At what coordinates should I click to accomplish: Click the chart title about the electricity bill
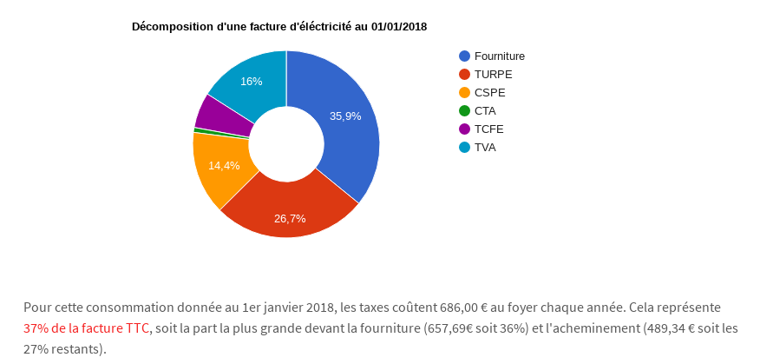pyautogui.click(x=279, y=27)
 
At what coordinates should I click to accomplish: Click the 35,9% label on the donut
pyautogui.click(x=345, y=116)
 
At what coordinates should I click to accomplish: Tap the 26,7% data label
pyautogui.click(x=290, y=218)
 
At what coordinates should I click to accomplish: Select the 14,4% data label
pyautogui.click(x=224, y=165)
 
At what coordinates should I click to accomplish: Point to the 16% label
pyautogui.click(x=252, y=81)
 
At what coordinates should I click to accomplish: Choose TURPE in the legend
pyautogui.click(x=493, y=75)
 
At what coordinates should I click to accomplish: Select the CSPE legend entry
pyautogui.click(x=490, y=93)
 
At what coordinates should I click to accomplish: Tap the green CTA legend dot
pyautogui.click(x=465, y=111)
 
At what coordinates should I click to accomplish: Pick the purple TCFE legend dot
pyautogui.click(x=465, y=129)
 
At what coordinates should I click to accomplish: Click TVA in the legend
pyautogui.click(x=485, y=148)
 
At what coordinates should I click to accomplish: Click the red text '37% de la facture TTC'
pyautogui.click(x=87, y=328)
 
